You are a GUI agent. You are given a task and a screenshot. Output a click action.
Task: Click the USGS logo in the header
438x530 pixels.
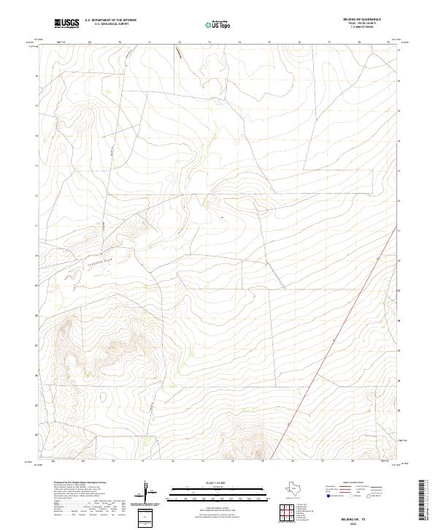[67, 24]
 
